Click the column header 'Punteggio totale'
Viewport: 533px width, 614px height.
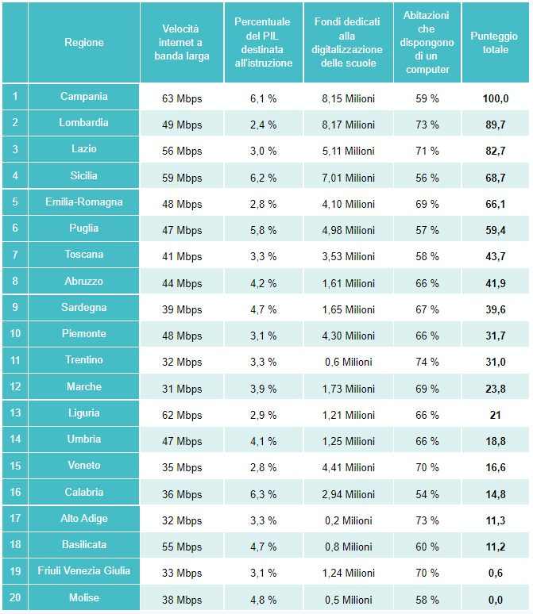[494, 43]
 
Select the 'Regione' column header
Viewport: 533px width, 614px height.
[84, 43]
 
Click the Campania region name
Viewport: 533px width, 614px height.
[84, 97]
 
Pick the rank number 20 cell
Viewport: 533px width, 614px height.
[14, 597]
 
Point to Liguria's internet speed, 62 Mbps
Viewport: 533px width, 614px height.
[182, 415]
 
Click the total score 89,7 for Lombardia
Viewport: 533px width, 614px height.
[495, 125]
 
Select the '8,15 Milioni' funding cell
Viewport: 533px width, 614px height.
[348, 98]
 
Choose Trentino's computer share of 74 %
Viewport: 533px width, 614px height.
[427, 363]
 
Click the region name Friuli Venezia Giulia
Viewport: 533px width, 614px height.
[84, 571]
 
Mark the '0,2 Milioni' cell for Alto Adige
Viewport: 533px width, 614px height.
[348, 520]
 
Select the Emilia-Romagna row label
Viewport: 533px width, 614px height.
[84, 202]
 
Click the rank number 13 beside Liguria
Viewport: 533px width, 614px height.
[14, 413]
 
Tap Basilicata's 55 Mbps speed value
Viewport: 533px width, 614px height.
[182, 547]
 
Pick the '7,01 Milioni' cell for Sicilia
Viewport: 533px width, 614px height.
[348, 178]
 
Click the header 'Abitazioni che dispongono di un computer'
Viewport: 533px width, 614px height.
[427, 43]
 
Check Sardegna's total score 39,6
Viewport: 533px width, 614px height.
[495, 309]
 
